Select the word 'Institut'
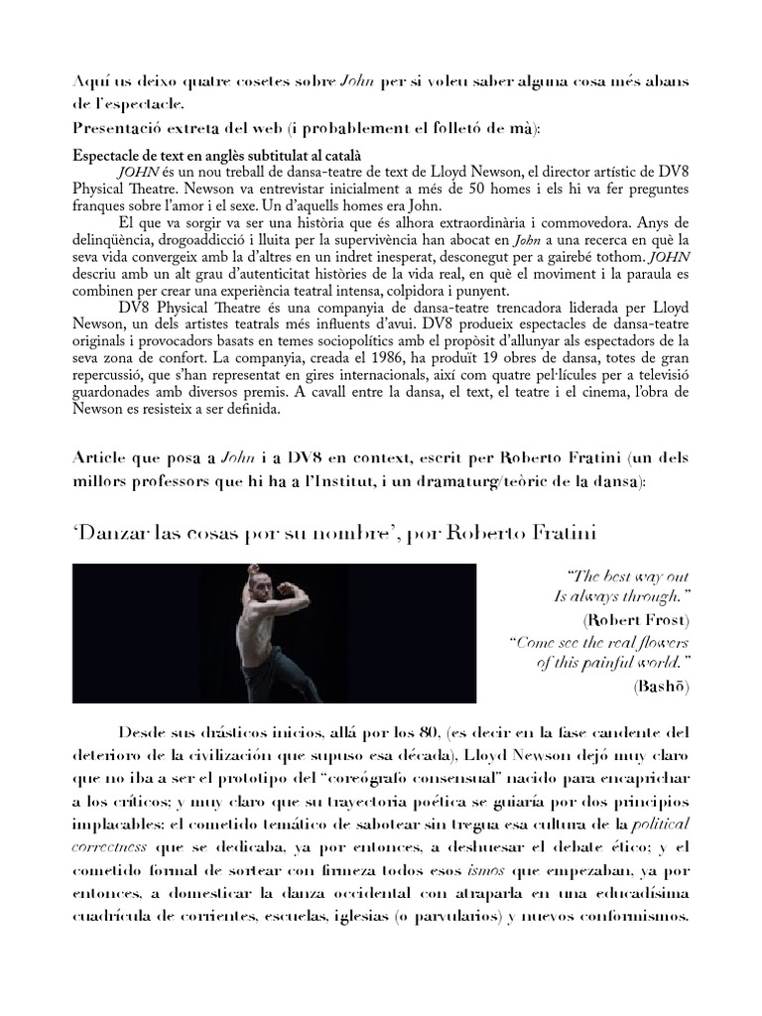pyautogui.click(x=353, y=480)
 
